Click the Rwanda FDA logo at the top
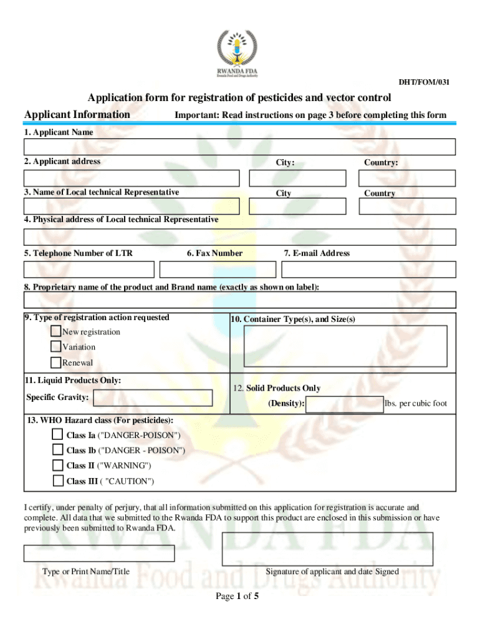coord(237,54)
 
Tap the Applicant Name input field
coord(239,147)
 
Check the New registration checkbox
coord(56,331)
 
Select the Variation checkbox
coord(56,346)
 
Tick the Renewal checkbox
coord(56,362)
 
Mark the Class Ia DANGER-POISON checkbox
coord(57,434)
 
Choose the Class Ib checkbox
coord(57,450)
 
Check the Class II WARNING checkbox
coord(57,466)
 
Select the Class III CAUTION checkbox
coord(57,481)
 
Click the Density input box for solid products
coord(345,404)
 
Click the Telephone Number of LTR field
coord(89,270)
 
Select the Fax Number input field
coord(217,270)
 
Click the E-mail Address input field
coord(368,270)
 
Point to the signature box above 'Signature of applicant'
coord(327,549)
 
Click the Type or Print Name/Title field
coord(99,554)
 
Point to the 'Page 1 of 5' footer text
coord(237,596)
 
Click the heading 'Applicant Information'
coord(77,114)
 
